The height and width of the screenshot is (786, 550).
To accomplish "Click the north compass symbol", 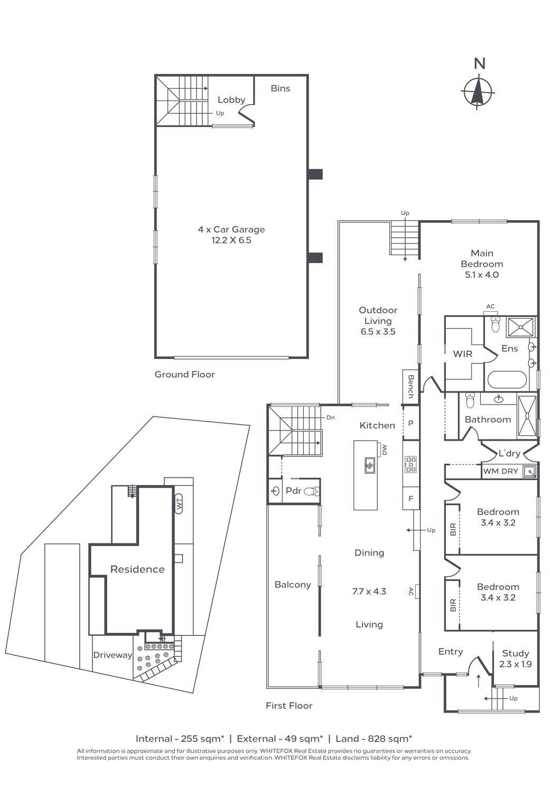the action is point(478,91).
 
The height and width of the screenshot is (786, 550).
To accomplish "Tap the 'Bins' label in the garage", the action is point(281,88).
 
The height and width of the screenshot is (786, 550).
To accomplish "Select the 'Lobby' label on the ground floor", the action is point(231,100).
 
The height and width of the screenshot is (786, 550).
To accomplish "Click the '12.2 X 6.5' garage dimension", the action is point(231,240).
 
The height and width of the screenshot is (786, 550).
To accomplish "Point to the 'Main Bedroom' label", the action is point(482,258).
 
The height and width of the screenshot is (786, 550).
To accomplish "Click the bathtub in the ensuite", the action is point(507,379).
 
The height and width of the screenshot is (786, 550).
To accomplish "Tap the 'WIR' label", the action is point(463,354).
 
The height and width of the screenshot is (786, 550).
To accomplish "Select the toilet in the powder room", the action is point(311,491).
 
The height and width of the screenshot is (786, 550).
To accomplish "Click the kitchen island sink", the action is point(369,466).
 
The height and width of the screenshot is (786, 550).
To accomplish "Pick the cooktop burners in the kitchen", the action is point(411,464).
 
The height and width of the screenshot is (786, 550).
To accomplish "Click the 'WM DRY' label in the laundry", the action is point(500,471).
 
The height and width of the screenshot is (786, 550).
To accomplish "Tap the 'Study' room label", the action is point(515,653).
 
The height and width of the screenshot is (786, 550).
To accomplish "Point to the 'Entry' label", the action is point(451,652).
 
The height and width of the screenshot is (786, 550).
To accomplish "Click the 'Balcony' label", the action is point(293,585).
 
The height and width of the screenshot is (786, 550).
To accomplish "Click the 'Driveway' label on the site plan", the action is point(113,655).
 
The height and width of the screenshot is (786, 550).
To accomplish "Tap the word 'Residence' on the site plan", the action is point(137,569).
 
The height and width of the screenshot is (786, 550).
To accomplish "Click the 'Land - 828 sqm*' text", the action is point(374,738).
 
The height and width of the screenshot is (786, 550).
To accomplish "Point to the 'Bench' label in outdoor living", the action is point(411,386).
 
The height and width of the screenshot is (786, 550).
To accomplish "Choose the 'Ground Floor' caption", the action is point(184,375).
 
